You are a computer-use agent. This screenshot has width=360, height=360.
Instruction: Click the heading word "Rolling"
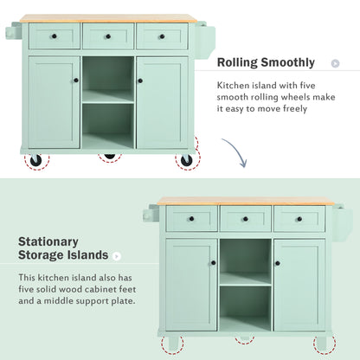pos(238,63)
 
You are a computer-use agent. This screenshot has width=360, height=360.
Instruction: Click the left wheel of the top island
pos(36,160)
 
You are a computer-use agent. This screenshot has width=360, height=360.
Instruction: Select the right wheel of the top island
pos(185,160)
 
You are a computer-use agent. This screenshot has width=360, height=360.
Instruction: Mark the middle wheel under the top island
pos(109,157)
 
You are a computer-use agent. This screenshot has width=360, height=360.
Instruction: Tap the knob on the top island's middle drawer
pos(108,36)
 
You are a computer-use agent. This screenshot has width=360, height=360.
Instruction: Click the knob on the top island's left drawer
pos(54,36)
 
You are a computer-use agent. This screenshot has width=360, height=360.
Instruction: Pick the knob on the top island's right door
pos(140,80)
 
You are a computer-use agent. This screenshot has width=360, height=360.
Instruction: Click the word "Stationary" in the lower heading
pos(48,241)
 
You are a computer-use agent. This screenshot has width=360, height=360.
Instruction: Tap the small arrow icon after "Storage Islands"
pos(118,256)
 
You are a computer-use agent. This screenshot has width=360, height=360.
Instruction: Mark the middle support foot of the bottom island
pos(247,340)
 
